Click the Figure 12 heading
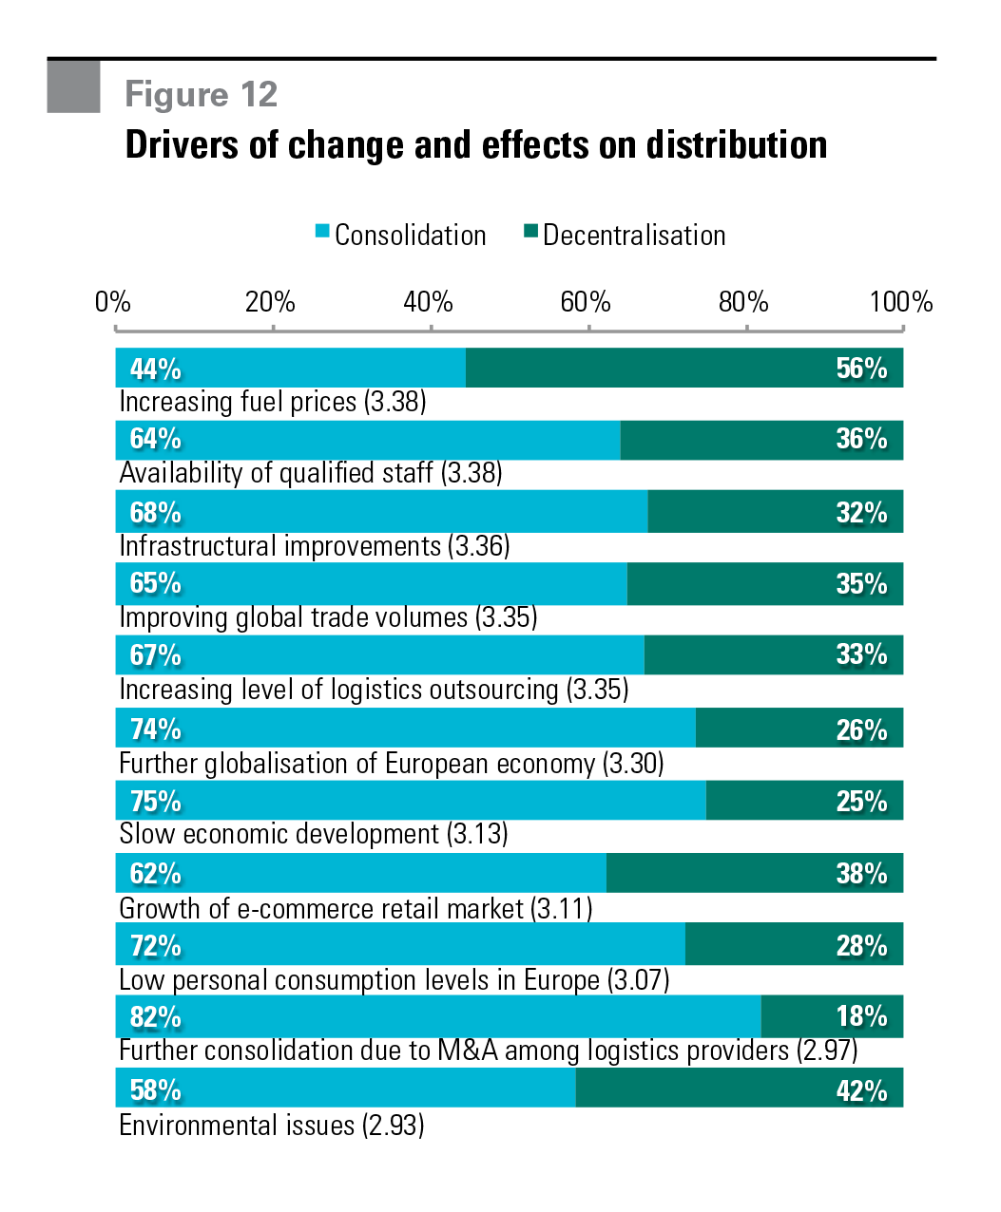[x=201, y=94]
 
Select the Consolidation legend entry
[x=401, y=235]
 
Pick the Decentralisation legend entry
[x=626, y=235]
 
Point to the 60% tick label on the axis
[x=585, y=302]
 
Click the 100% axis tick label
[x=900, y=302]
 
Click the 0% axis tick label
[x=112, y=302]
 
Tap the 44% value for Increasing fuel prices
[x=155, y=369]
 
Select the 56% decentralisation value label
[x=861, y=369]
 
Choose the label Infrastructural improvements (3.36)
[x=315, y=546]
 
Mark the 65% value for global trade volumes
[x=155, y=583]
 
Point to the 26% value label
[x=861, y=729]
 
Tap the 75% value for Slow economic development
[x=155, y=802]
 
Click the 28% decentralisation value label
[x=861, y=945]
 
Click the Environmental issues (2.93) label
[x=272, y=1126]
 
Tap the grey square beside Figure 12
[x=73, y=86]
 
